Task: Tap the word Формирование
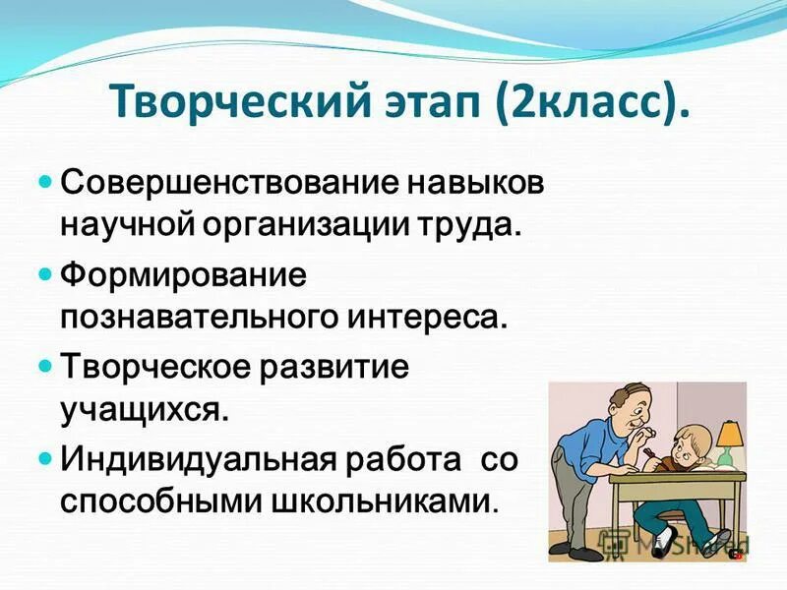pos(185,274)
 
